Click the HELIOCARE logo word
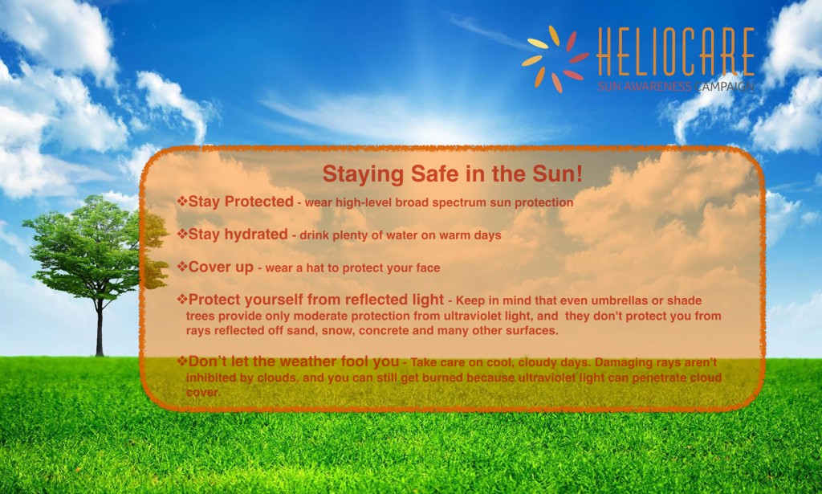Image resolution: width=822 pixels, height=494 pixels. coord(675,53)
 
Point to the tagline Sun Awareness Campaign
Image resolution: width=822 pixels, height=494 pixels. coord(675,86)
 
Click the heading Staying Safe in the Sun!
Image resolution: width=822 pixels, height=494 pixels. coord(452,174)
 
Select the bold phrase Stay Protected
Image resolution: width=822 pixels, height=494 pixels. coord(240,202)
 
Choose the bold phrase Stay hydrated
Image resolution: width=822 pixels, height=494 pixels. coord(237,235)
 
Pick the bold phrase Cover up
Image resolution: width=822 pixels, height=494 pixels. coord(220,267)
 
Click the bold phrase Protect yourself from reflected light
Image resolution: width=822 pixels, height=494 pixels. coord(315,300)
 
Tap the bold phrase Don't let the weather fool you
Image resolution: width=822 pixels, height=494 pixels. coord(293,361)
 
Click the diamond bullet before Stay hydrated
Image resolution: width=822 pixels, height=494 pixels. coord(182,234)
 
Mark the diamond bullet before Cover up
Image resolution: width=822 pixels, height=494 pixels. coord(182,266)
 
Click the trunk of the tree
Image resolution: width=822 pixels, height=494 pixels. coord(99,329)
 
